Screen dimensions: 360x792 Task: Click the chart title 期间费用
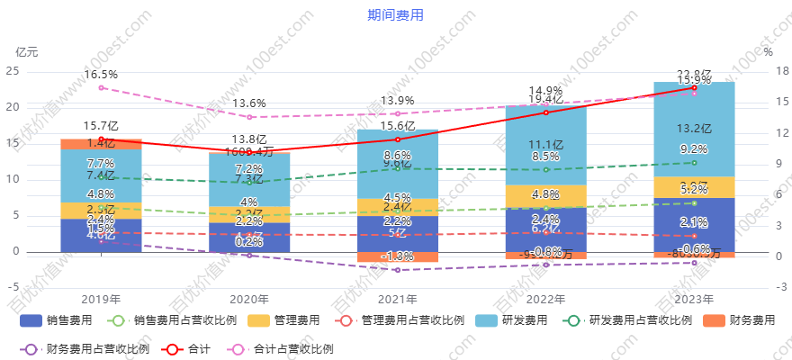(395, 15)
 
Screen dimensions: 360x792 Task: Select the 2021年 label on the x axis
(397, 300)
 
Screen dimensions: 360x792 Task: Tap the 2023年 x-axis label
(693, 300)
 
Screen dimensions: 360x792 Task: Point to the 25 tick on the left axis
(13, 71)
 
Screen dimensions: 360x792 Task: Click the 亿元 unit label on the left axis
(27, 51)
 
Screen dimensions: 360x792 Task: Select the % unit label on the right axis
(768, 51)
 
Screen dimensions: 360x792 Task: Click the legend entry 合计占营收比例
(283, 348)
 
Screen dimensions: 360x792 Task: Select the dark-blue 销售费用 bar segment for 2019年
(101, 236)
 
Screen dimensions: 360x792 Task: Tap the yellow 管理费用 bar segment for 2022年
(545, 197)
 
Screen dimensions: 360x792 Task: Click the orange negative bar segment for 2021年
(397, 257)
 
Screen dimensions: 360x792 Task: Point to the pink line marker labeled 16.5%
(101, 88)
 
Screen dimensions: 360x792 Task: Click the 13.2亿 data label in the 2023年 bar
(694, 129)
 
